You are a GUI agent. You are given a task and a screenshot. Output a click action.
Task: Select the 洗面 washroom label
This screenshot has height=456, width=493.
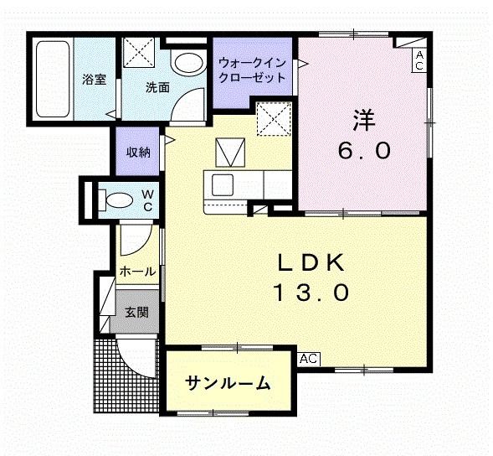coord(157,86)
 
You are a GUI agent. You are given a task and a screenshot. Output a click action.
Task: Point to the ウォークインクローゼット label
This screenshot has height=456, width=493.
coord(252,70)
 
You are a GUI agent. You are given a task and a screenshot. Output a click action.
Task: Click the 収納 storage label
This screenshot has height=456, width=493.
coord(139,152)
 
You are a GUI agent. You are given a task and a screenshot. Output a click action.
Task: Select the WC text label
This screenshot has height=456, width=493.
coord(146,199)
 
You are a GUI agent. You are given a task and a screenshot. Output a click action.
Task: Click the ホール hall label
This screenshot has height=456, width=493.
coord(136,272)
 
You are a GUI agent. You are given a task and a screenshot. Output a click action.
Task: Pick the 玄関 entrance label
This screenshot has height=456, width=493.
coord(136,313)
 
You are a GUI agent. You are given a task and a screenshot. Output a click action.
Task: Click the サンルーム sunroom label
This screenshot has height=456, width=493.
coord(228,384)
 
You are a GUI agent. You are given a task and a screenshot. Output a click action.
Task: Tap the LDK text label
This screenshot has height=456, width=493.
coord(311,262)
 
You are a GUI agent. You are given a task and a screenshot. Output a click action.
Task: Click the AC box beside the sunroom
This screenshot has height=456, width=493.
coord(309,358)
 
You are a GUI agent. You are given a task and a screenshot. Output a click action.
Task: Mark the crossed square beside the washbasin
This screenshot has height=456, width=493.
coord(139,53)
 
